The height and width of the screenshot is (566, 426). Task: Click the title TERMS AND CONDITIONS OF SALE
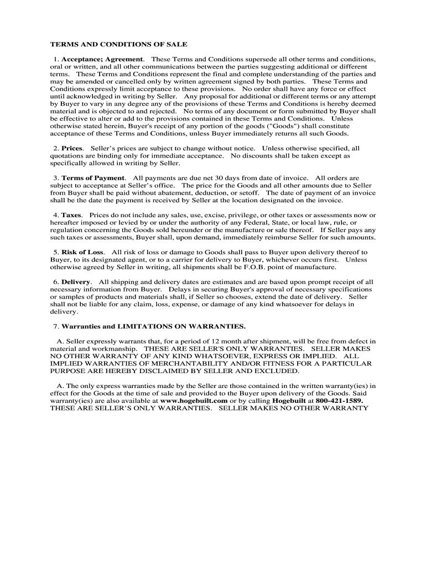click(x=119, y=44)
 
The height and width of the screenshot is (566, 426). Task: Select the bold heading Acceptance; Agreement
click(x=103, y=59)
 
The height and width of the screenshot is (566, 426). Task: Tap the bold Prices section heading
click(x=72, y=148)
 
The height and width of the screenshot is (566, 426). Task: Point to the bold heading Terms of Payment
click(x=93, y=178)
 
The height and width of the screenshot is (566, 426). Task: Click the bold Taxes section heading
click(x=71, y=215)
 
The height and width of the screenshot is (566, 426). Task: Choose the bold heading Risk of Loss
click(x=82, y=252)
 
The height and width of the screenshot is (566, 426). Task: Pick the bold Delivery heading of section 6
click(x=76, y=282)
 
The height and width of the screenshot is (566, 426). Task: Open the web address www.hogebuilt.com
click(x=194, y=400)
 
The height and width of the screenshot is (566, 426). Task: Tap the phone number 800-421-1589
click(x=339, y=400)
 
